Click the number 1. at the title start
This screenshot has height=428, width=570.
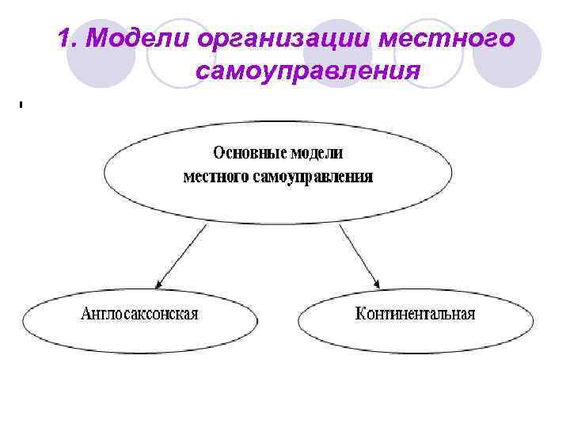[69, 37]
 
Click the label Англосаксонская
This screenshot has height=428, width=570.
[139, 314]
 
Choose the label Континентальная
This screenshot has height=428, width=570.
[416, 314]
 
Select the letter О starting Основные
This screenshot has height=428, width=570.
[218, 152]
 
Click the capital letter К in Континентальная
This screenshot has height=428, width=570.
[360, 314]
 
